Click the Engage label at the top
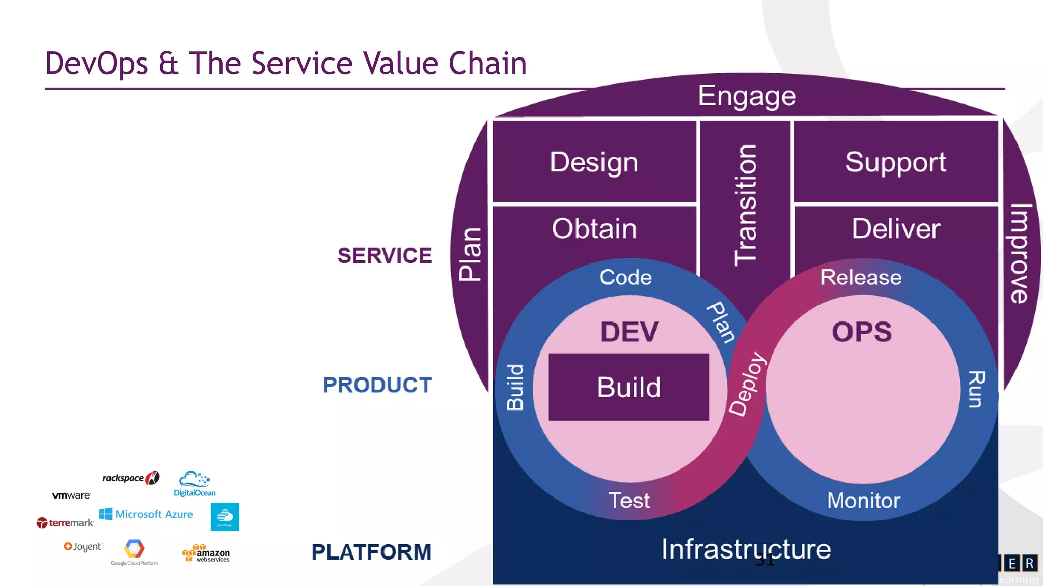click(747, 96)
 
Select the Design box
click(594, 162)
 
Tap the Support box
click(895, 162)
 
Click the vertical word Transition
click(746, 205)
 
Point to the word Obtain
click(594, 228)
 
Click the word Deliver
click(896, 228)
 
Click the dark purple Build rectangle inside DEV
click(628, 387)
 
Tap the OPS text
click(862, 332)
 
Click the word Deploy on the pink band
click(747, 384)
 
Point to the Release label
click(861, 278)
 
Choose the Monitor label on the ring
click(863, 501)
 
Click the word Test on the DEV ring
click(629, 501)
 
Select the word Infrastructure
click(746, 549)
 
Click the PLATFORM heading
click(371, 552)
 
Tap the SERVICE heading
click(385, 255)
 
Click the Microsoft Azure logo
click(146, 514)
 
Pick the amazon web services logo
click(206, 554)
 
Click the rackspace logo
click(130, 478)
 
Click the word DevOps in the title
click(96, 64)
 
